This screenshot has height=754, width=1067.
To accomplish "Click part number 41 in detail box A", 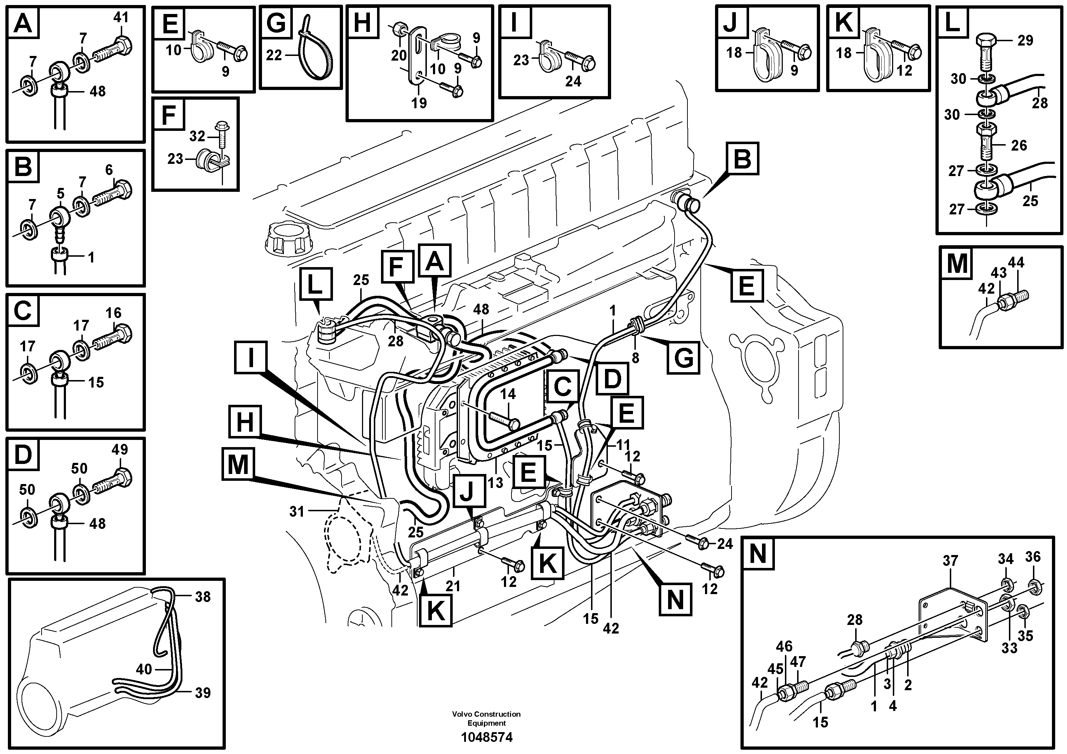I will [x=121, y=18].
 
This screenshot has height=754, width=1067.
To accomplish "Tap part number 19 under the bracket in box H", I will [x=419, y=103].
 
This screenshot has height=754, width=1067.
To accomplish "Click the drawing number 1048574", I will [x=487, y=737].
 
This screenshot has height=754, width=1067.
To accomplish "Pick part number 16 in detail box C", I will [x=113, y=313].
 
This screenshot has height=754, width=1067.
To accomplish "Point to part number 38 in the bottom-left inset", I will [x=203, y=596].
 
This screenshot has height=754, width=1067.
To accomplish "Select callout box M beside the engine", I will [x=238, y=464].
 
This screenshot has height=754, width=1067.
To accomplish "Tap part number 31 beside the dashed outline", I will [x=296, y=512].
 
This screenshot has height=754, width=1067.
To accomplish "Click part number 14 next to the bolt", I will [x=508, y=394].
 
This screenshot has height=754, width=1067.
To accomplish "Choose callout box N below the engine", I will [x=675, y=600].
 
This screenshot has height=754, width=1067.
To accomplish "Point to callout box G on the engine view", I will [x=683, y=357].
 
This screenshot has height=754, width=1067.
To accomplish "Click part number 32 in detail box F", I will [x=197, y=136].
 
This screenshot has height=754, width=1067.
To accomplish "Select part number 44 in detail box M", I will [x=1016, y=263].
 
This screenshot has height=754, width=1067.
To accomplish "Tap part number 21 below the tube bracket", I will [x=453, y=586].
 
